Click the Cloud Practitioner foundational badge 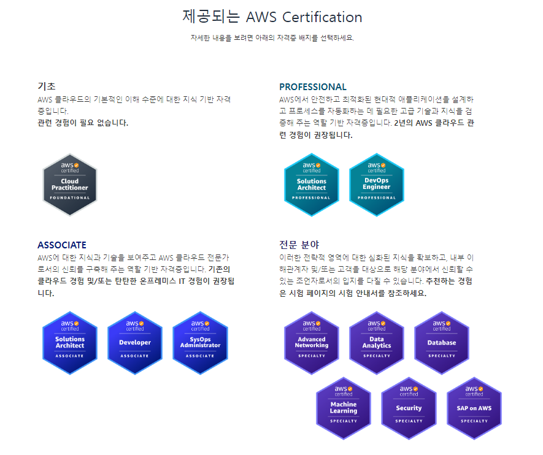tap(70, 185)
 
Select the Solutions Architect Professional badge tap(311, 185)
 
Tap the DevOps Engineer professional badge tap(377, 185)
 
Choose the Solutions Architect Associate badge tap(70, 343)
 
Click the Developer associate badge tap(135, 343)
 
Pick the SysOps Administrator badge tap(200, 343)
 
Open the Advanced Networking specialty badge tap(312, 343)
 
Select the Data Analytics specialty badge tap(377, 343)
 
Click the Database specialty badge tap(442, 343)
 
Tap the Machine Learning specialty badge tap(344, 408)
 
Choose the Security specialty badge tap(409, 408)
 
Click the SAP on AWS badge tap(474, 408)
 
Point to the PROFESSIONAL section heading tap(313, 87)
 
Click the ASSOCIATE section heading tap(62, 245)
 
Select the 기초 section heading tap(47, 86)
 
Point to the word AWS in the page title tap(261, 17)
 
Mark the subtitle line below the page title tap(272, 38)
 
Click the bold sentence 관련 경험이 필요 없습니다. tap(83, 123)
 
